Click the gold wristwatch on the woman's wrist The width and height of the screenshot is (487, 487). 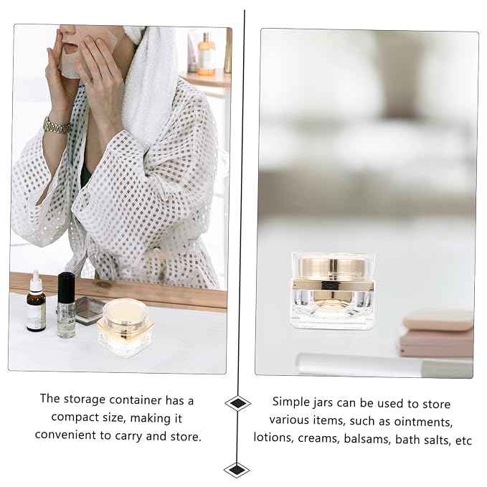click(57, 126)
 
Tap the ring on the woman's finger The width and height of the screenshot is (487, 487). click(88, 82)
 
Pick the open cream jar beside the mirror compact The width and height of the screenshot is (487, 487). click(126, 328)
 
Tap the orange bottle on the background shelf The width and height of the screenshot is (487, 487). click(207, 55)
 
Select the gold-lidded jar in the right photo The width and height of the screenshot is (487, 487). click(333, 290)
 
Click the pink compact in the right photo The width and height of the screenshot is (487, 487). click(437, 334)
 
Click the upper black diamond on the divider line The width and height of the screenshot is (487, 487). click(237, 404)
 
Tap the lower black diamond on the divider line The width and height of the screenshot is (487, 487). click(237, 470)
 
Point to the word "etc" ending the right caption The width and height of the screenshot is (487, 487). click(464, 440)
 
